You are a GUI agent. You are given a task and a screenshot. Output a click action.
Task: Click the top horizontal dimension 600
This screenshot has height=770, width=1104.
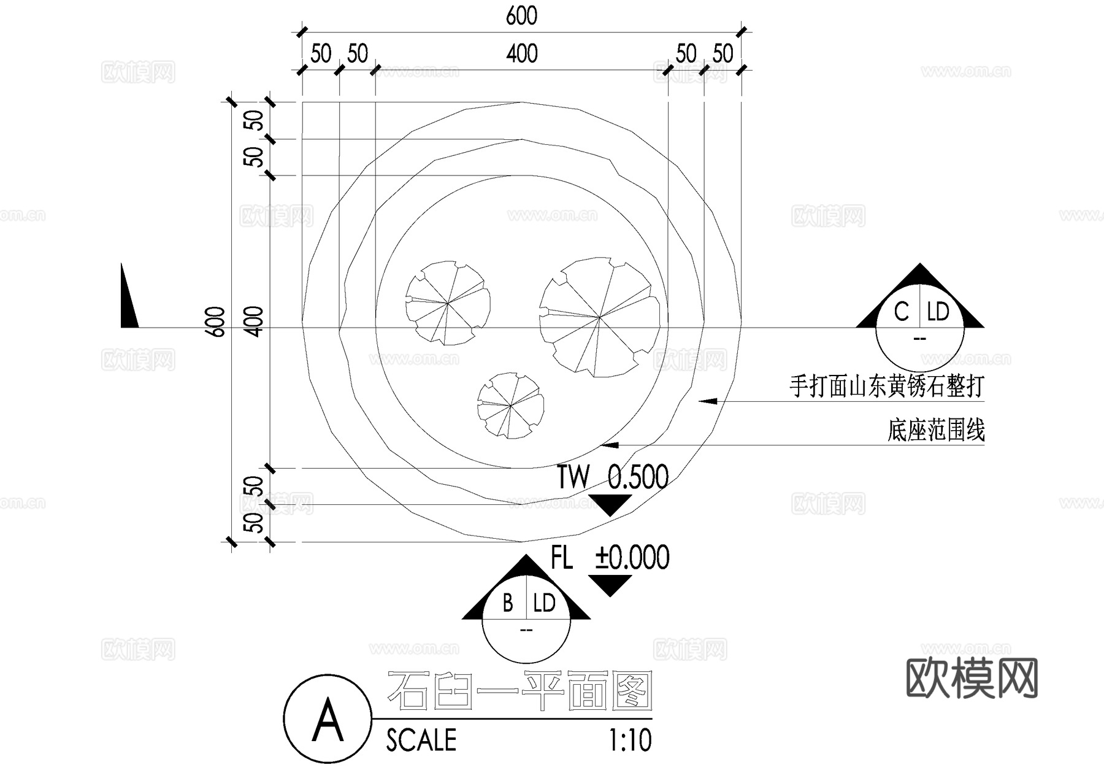521,17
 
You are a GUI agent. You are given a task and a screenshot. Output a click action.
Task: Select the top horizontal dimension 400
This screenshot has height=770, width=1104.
522,54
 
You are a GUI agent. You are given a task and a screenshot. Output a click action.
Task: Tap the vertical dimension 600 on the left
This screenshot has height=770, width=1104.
216,321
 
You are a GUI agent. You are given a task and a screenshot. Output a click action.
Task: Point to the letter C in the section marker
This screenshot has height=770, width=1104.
901,312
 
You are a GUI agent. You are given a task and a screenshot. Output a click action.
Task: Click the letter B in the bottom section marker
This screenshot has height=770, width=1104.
508,603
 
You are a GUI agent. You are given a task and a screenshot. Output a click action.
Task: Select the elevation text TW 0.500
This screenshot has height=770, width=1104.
612,477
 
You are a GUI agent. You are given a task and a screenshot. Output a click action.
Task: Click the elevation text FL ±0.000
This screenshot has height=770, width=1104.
610,558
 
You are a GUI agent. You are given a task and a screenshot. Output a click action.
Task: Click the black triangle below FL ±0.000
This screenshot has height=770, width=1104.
610,584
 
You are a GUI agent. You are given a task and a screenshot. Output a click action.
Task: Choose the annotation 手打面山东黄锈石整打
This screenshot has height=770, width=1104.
886,387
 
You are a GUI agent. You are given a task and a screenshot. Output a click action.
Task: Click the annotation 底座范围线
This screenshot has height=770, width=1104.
936,430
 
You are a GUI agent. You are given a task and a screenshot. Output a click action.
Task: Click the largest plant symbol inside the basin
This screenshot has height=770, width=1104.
600,317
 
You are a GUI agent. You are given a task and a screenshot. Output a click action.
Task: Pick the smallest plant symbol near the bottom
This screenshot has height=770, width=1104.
510,406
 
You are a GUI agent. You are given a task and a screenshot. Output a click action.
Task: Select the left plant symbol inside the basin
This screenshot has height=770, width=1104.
448,302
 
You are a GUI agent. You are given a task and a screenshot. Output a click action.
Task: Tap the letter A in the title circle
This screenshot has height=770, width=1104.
328,719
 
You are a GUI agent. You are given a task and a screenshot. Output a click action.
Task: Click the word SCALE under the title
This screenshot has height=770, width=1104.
421,740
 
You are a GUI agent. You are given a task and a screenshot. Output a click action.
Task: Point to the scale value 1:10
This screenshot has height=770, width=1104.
630,740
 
